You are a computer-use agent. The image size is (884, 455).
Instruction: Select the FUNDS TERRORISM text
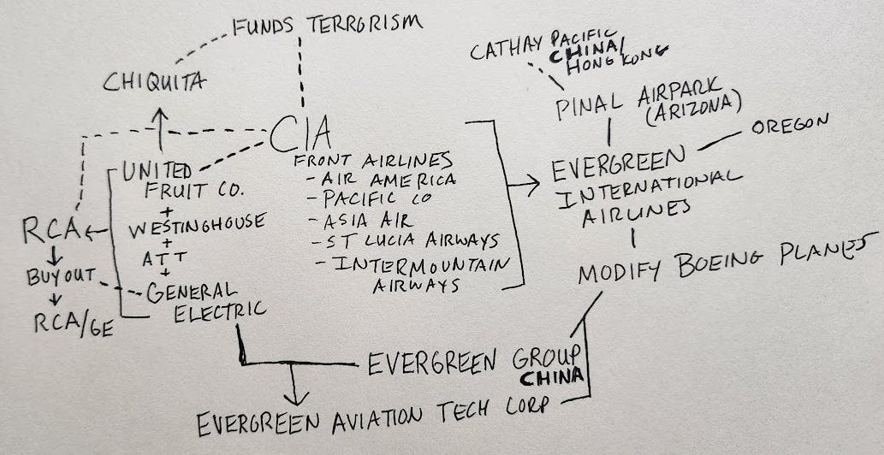point(326,24)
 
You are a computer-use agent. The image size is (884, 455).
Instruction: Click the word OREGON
point(789,128)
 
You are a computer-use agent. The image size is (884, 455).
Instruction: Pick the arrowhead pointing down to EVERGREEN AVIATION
point(295,398)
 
